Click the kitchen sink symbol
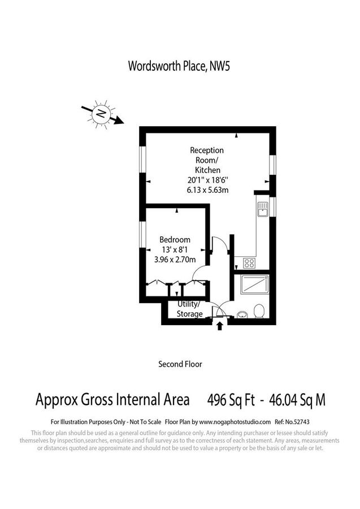pyautogui.click(x=262, y=210)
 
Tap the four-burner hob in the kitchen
pyautogui.click(x=249, y=262)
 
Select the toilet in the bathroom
pyautogui.click(x=259, y=311)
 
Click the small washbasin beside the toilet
pyautogui.click(x=241, y=314)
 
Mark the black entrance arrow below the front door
pyautogui.click(x=220, y=325)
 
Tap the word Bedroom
pyautogui.click(x=175, y=239)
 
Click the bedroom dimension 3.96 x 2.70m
pyautogui.click(x=175, y=260)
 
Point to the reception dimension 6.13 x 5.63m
pyautogui.click(x=207, y=190)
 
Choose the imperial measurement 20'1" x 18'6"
pyautogui.click(x=207, y=180)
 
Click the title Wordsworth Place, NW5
pyautogui.click(x=179, y=66)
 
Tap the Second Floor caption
pyautogui.click(x=180, y=364)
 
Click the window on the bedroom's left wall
pyautogui.click(x=143, y=237)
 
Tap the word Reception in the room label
pyautogui.click(x=207, y=150)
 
